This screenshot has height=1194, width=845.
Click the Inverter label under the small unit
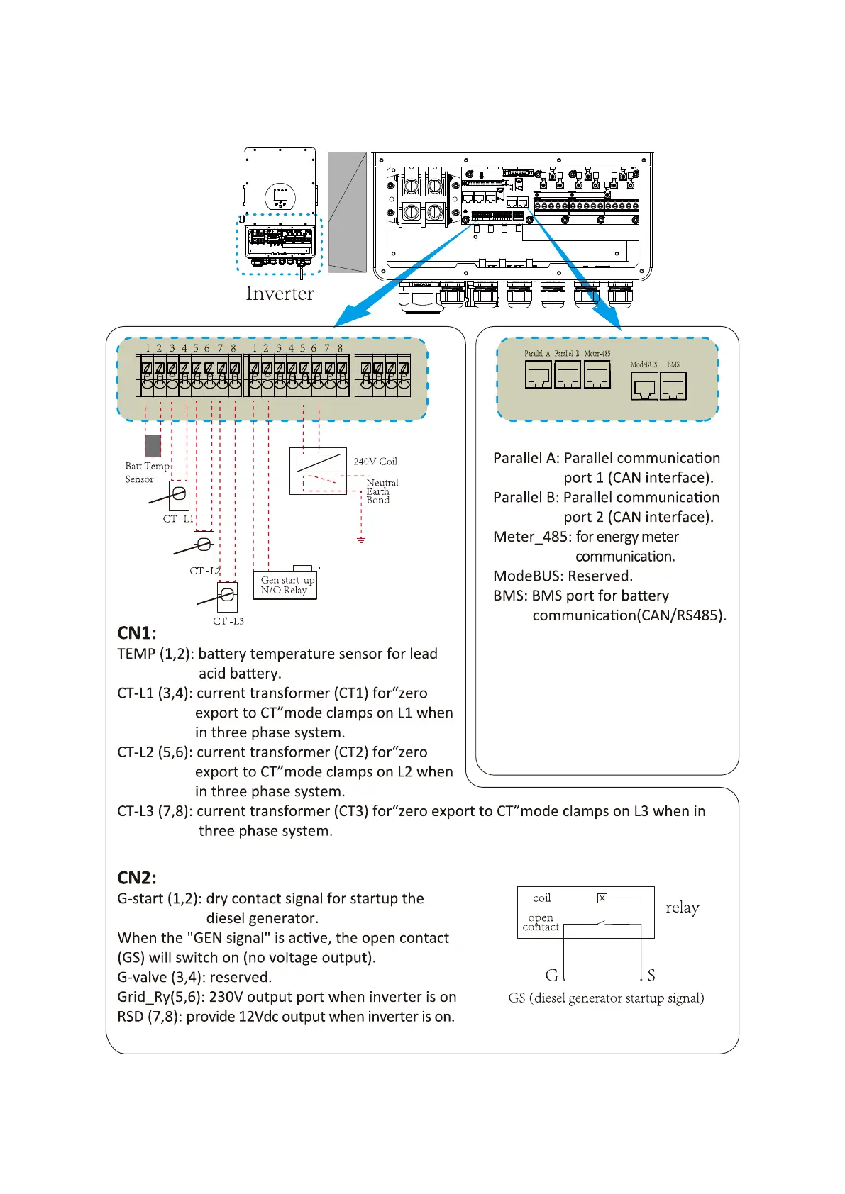pos(280,294)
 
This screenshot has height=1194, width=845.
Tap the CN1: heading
pos(137,632)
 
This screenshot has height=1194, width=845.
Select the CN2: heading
pos(137,878)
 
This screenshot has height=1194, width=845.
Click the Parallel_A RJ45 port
pos(539,374)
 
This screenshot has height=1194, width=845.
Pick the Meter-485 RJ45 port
pos(597,374)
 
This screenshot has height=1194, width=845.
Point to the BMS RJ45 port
pos(673,387)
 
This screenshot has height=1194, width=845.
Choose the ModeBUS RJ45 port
pos(644,387)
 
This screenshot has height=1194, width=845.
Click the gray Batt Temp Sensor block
pos(153,446)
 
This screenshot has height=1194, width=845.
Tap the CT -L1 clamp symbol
pos(179,494)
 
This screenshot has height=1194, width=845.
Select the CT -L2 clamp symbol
pos(204,545)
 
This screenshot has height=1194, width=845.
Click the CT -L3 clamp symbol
pos(227,596)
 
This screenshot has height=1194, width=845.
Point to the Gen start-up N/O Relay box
pos(285,585)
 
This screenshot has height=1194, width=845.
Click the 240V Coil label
pos(375,462)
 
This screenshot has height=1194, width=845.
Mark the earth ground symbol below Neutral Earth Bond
pos(361,540)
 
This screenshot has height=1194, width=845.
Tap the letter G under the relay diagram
pos(551,976)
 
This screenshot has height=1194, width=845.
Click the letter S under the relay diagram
pos(651,976)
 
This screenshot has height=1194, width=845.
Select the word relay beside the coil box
pos(683,908)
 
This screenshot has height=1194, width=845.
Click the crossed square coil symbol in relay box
pos(602,898)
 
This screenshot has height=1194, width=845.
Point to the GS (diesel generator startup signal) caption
pos(606,998)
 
